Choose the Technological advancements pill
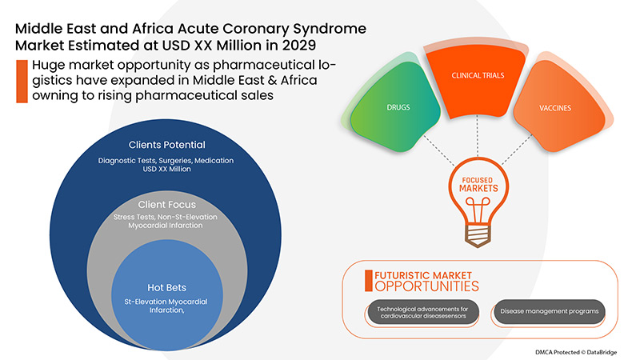pyautogui.click(x=423, y=311)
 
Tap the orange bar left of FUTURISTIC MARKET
pyautogui.click(x=369, y=279)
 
